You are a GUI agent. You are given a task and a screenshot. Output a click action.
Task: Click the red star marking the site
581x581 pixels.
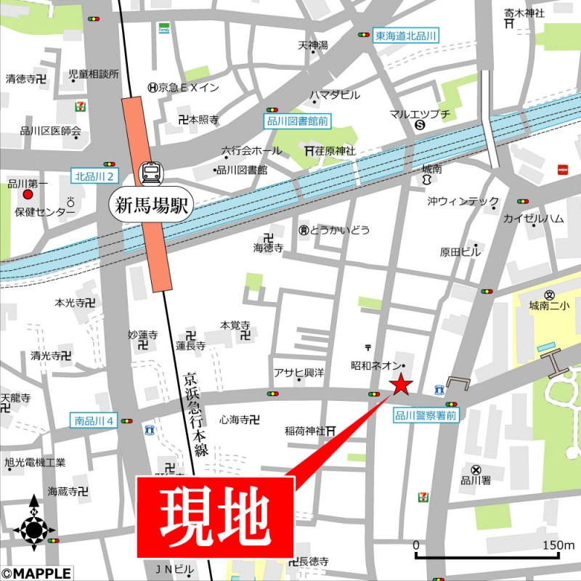(401, 384)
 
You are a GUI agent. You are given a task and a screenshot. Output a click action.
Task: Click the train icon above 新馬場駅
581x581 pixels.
(152, 172)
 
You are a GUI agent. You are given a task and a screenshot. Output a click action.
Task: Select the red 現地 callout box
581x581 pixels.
(216, 516)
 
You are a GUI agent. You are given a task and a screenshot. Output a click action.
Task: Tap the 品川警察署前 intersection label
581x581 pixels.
(426, 416)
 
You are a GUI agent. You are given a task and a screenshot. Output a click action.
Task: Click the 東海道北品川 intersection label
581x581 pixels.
(405, 35)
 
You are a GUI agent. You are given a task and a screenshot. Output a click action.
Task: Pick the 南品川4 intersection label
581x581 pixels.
(94, 420)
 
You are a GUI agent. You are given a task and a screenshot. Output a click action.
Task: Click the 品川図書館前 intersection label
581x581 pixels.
(297, 123)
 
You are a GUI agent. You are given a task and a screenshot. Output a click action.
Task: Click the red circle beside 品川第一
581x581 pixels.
(28, 195)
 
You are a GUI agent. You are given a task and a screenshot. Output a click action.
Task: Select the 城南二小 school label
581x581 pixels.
(549, 306)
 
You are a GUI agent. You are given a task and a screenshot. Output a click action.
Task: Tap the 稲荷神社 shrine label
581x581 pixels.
(305, 431)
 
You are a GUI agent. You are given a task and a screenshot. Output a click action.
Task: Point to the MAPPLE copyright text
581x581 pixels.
(36, 573)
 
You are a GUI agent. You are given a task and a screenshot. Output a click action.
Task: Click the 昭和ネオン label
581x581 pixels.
(374, 365)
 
